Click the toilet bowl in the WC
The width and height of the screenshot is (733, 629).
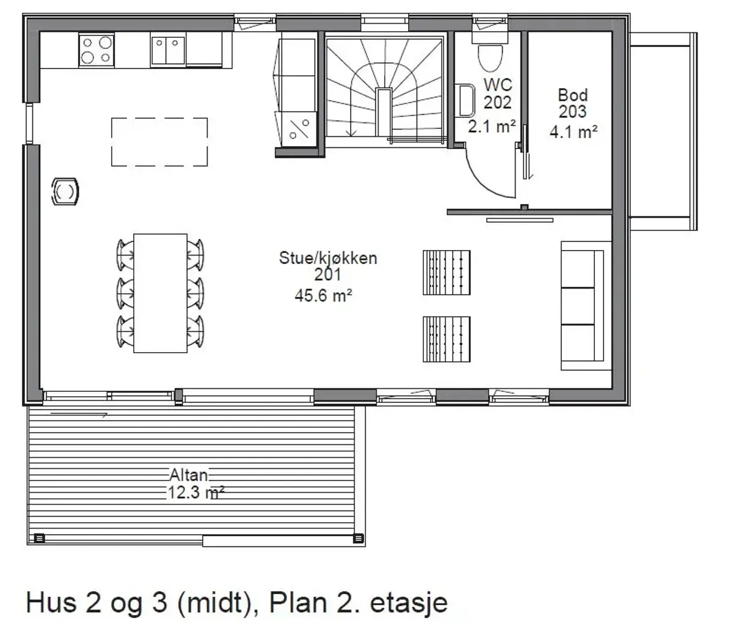pos(490,57)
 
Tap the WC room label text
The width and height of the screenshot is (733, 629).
pos(498,85)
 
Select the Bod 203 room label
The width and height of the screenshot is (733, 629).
pos(573,103)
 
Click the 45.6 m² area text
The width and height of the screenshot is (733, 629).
pos(323,296)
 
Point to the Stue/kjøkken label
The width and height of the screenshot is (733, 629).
pos(328,258)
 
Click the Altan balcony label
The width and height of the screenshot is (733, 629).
pos(189,475)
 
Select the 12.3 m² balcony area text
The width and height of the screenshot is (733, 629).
pos(195,493)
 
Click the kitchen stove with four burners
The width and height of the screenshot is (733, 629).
pos(97,50)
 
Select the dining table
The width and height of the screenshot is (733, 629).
pos(160,293)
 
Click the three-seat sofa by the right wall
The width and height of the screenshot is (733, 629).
pos(586,306)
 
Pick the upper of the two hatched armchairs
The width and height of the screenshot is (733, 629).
pos(447,273)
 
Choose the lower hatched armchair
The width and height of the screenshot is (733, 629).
pos(447,339)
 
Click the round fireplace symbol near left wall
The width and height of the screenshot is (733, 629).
pos(65,192)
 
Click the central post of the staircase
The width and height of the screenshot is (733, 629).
pos(384,112)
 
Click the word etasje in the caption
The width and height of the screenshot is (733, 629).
pos(409,603)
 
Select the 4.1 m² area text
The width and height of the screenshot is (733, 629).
pos(574,131)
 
